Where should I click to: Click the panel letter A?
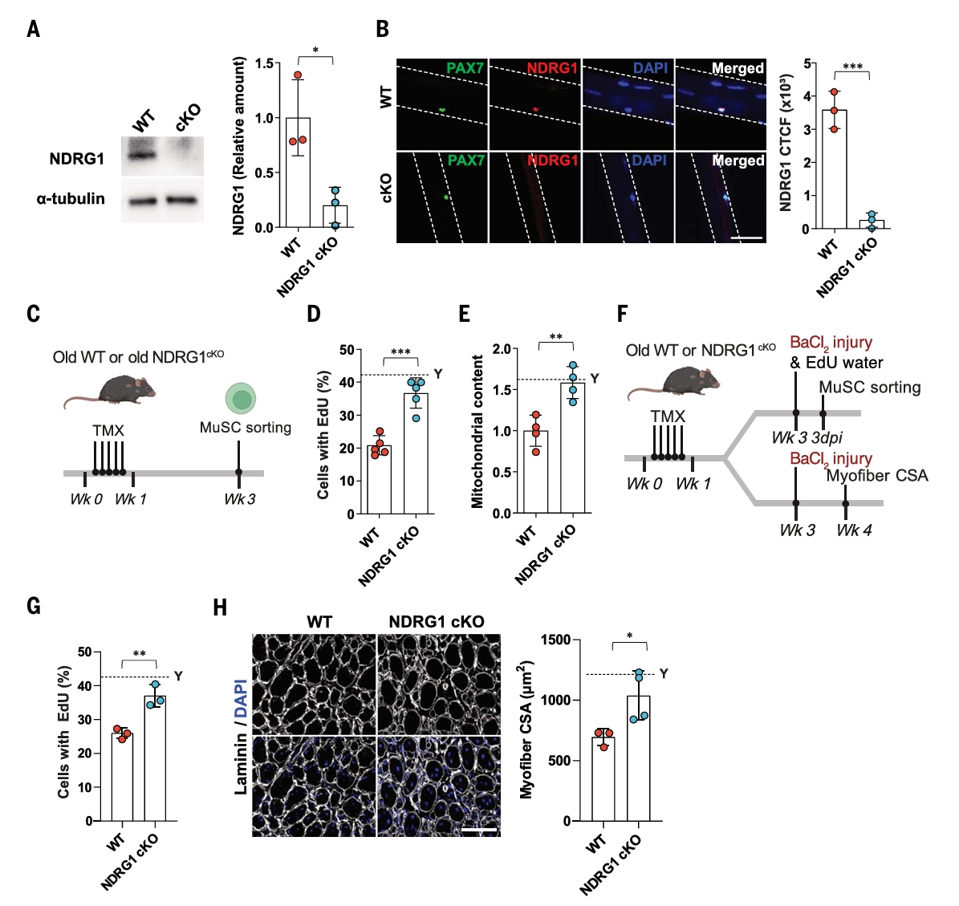33,30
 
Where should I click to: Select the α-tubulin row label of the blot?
71,198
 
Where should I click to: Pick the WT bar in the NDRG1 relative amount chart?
298,173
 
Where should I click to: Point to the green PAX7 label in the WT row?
465,68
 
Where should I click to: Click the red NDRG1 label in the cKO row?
552,160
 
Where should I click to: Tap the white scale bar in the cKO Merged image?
746,238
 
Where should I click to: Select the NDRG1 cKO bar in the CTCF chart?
872,224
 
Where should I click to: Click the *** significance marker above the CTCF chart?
852,67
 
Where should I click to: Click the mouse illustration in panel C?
109,389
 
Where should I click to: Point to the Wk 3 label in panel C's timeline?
239,499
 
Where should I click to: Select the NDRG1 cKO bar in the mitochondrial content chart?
571,448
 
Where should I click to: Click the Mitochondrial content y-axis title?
477,431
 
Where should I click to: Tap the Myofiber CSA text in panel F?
876,476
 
